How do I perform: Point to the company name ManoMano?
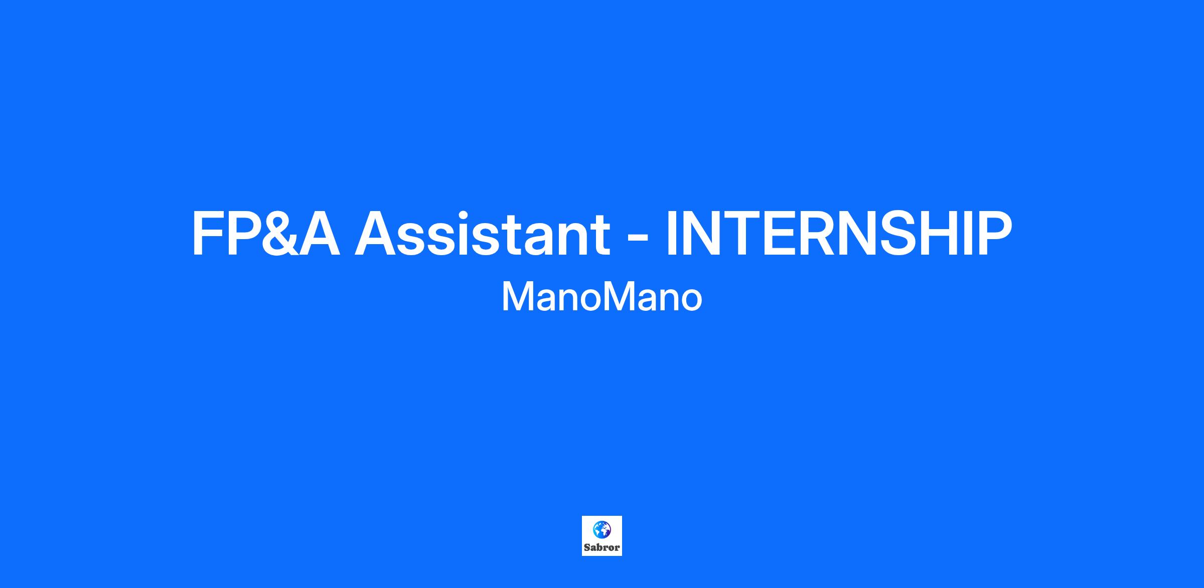(x=601, y=297)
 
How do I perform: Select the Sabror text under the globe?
(x=601, y=547)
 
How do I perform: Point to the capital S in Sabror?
(x=587, y=547)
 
